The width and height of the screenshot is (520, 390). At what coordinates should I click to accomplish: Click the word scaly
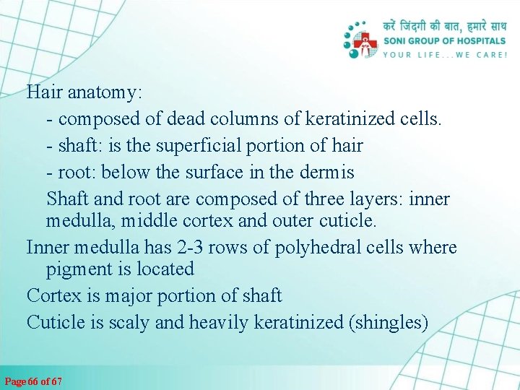[x=131, y=322]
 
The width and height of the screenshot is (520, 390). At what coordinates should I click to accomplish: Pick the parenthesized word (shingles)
[x=389, y=322]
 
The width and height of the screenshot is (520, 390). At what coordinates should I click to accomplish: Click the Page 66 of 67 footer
[x=33, y=381]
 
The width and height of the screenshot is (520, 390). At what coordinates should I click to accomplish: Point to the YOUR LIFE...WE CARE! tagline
[x=444, y=54]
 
